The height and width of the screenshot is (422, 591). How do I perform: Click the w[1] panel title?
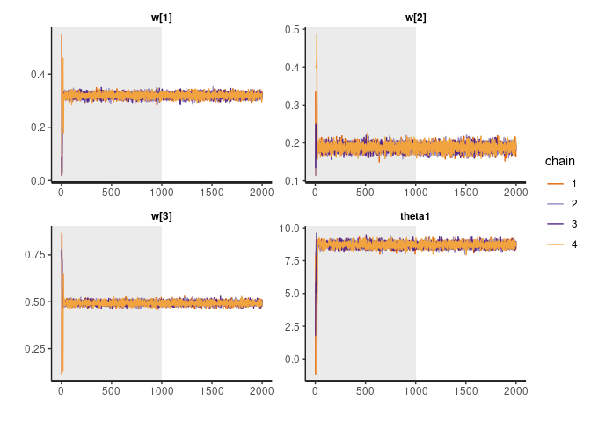click(x=161, y=18)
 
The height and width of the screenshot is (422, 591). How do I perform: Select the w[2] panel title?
click(x=415, y=18)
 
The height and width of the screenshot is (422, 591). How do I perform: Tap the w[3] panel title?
click(x=161, y=219)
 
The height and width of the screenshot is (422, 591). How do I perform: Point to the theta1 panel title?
click(x=415, y=219)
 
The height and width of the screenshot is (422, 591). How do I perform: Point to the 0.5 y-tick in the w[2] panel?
click(x=289, y=30)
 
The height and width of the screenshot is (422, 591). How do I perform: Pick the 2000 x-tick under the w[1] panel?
click(x=262, y=191)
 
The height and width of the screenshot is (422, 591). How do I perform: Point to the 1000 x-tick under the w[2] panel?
click(x=415, y=191)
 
